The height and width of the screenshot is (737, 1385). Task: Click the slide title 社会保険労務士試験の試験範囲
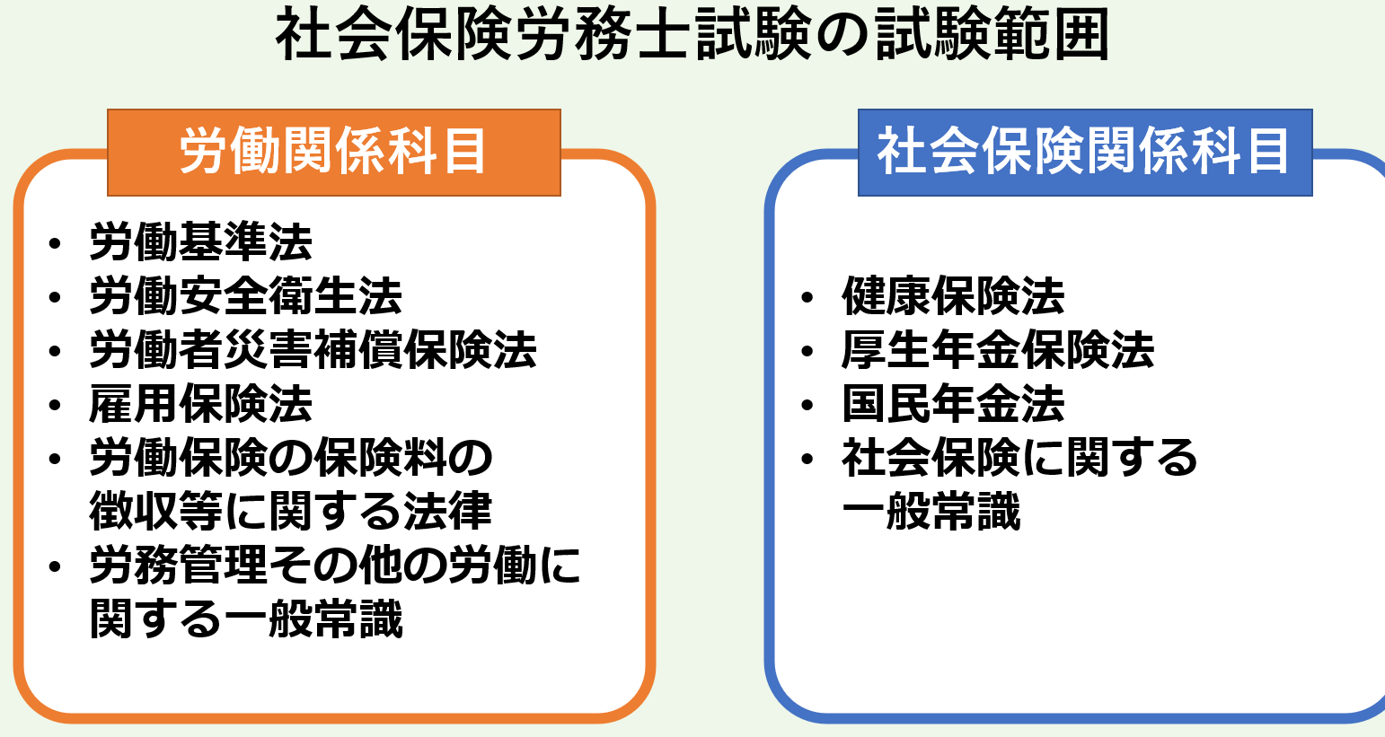tap(692, 35)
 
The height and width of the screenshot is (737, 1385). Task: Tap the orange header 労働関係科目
tap(334, 153)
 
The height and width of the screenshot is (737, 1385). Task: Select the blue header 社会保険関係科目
tap(1085, 153)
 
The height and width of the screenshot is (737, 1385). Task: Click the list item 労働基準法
tap(201, 242)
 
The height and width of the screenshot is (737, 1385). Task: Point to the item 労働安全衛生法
tap(246, 296)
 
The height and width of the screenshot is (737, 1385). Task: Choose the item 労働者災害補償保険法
tap(313, 350)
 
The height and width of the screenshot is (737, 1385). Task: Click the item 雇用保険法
tap(201, 404)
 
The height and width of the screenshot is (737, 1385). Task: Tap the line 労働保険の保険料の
tap(291, 458)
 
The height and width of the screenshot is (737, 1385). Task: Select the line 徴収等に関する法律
tap(291, 512)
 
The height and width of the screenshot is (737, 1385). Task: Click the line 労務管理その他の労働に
tap(335, 566)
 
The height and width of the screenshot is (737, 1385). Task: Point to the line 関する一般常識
tap(246, 619)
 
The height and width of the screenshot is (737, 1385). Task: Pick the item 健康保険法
tap(954, 296)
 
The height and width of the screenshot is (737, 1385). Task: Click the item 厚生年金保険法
tap(998, 350)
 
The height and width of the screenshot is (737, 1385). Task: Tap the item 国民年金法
tap(954, 404)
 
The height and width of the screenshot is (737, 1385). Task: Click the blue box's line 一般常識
tap(931, 512)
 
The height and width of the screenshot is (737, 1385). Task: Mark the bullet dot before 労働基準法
tap(55, 243)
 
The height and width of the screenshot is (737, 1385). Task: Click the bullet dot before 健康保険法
tap(807, 297)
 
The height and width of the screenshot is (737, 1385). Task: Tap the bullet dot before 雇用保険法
tap(55, 405)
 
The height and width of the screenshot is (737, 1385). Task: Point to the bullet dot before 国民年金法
tap(807, 405)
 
